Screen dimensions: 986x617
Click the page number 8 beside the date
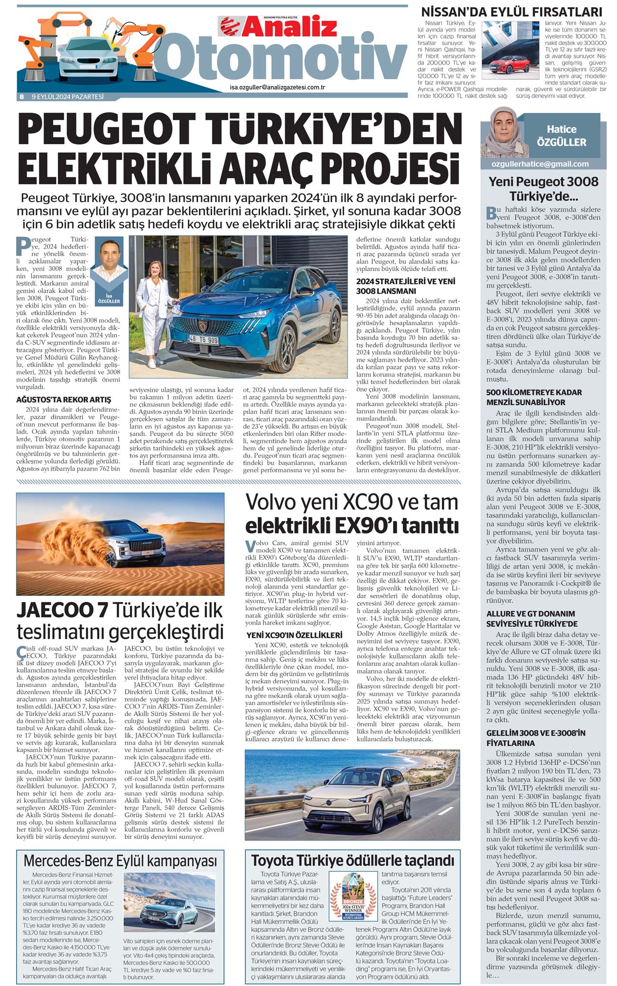pyautogui.click(x=21, y=97)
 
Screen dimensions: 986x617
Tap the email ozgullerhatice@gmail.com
pyautogui.click(x=541, y=164)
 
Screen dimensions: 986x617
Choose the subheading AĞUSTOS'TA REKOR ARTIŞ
pyautogui.click(x=64, y=400)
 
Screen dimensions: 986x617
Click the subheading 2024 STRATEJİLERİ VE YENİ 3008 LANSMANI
pyautogui.click(x=405, y=286)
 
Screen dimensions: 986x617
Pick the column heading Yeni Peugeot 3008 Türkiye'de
pyautogui.click(x=543, y=189)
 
